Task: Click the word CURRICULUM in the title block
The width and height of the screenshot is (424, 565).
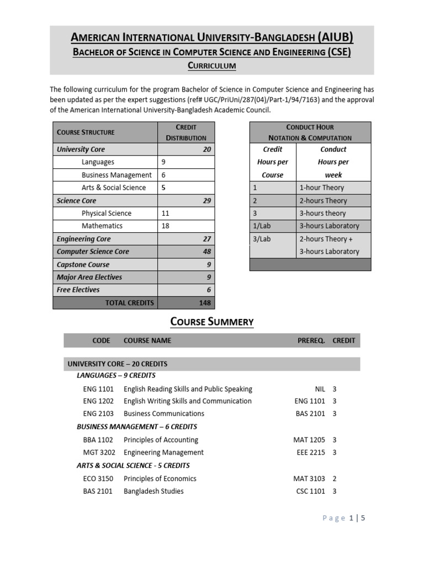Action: pyautogui.click(x=212, y=66)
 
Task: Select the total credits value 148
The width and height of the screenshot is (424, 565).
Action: pyautogui.click(x=205, y=303)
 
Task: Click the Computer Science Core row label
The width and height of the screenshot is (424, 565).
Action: pyautogui.click(x=93, y=252)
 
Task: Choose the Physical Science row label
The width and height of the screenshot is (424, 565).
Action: pyautogui.click(x=107, y=213)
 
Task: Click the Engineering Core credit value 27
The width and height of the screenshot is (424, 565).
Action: pyautogui.click(x=207, y=239)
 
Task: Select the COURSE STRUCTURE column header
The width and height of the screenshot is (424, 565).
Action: pyautogui.click(x=86, y=132)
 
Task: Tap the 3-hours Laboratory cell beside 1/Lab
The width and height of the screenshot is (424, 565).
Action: pyautogui.click(x=329, y=226)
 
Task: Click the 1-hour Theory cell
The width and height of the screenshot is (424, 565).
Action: pyautogui.click(x=321, y=188)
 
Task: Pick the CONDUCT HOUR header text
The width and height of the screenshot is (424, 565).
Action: pyautogui.click(x=310, y=127)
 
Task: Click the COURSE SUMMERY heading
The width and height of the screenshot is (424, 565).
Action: pyautogui.click(x=212, y=322)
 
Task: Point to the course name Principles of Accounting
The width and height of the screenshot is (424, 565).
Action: pyautogui.click(x=161, y=440)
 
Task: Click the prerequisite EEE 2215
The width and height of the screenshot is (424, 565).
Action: pyautogui.click(x=311, y=452)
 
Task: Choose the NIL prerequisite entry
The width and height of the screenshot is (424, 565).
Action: pyautogui.click(x=319, y=389)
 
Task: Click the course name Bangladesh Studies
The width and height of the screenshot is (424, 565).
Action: pyautogui.click(x=153, y=491)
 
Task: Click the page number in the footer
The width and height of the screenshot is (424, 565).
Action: pyautogui.click(x=351, y=518)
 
